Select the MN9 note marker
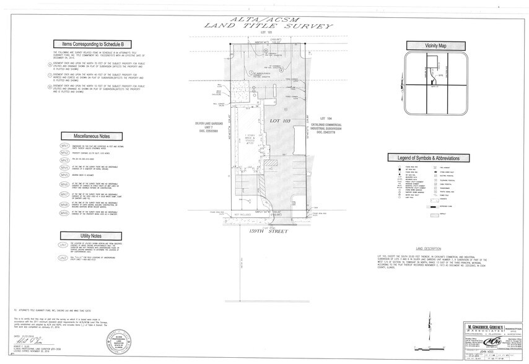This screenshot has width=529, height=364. click(64, 214)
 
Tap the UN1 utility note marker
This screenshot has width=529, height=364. click(63, 245)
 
